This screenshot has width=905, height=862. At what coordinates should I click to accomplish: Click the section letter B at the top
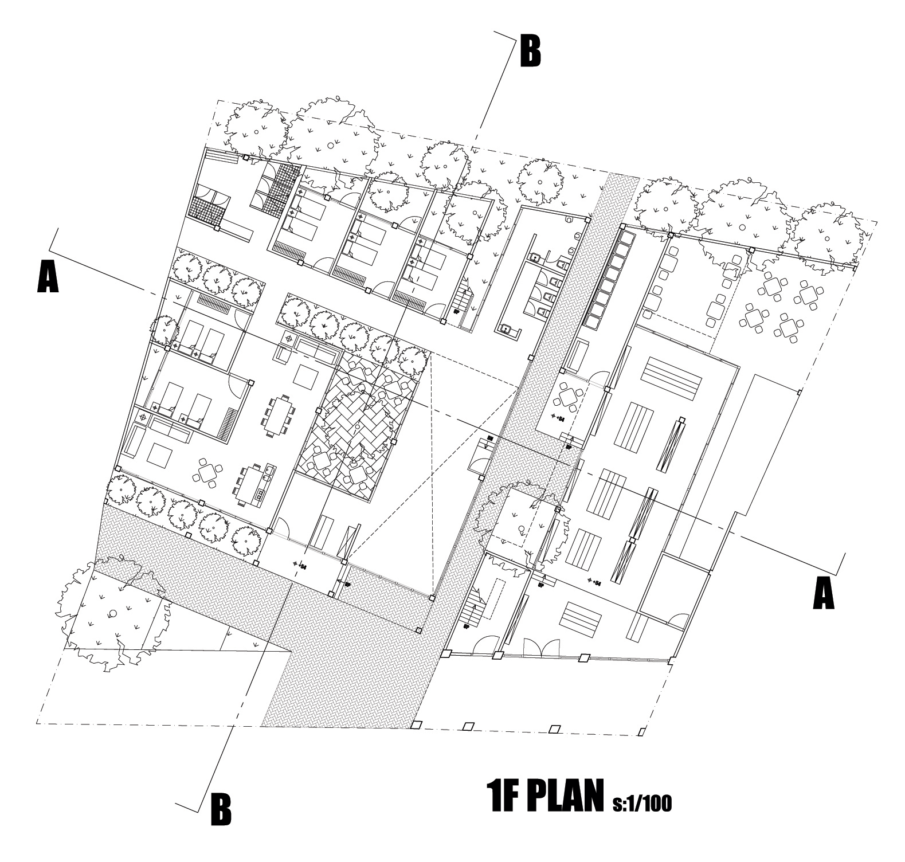pos(530,52)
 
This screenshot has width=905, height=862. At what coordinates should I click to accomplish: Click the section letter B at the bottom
pos(221,809)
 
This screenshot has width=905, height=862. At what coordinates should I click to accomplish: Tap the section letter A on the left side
pos(48,276)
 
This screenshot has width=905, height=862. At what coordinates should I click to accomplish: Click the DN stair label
pos(490,438)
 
